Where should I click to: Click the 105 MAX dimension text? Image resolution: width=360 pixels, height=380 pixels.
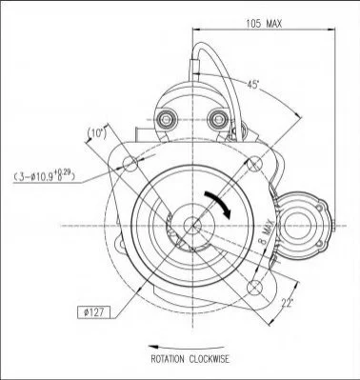coord(264,23)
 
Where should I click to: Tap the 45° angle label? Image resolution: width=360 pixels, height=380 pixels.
coord(253,85)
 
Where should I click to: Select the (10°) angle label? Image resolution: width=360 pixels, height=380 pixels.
coord(96,133)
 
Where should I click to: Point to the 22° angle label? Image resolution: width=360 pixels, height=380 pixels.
coord(287,303)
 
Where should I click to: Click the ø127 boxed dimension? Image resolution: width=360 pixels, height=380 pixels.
coord(94,312)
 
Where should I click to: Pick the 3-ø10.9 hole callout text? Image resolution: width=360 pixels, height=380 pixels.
coord(45,176)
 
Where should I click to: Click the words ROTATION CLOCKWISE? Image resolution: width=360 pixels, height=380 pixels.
coord(190,359)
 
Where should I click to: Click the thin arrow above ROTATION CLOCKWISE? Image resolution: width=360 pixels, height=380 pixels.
coord(187,348)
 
